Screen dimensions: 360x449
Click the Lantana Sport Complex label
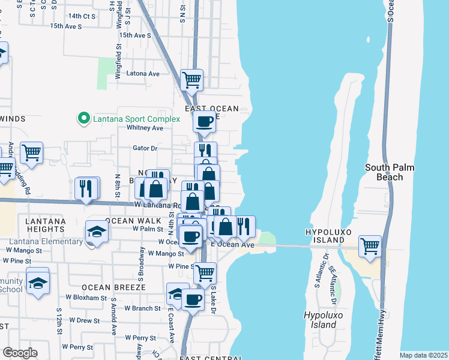point(136,119)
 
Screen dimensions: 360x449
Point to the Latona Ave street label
point(143,74)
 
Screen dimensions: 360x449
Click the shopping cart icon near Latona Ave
point(191,79)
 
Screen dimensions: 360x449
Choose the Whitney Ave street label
point(145,128)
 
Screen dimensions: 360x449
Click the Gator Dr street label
point(145,148)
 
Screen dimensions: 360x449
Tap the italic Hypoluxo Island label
point(320,320)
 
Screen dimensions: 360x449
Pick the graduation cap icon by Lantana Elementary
point(96,232)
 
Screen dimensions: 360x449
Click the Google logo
point(20,353)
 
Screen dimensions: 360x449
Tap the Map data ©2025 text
point(423,355)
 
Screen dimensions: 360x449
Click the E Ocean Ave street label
point(232,245)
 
